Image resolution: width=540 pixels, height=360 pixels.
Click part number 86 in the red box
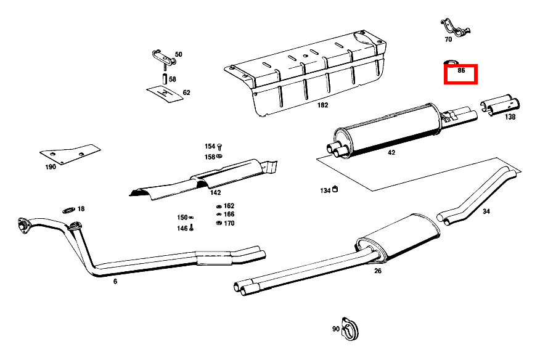pyautogui.click(x=460, y=71)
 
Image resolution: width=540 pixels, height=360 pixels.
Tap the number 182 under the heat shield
pyautogui.click(x=322, y=105)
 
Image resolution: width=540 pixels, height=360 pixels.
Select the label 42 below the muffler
pyautogui.click(x=391, y=152)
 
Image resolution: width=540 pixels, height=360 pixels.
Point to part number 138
pyautogui.click(x=510, y=117)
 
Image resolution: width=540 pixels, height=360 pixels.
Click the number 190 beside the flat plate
pyautogui.click(x=50, y=166)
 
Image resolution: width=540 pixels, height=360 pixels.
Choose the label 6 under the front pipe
pyautogui.click(x=115, y=281)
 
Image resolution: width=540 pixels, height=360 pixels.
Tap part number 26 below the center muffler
pyautogui.click(x=378, y=270)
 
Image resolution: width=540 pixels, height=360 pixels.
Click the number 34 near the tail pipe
pyautogui.click(x=486, y=211)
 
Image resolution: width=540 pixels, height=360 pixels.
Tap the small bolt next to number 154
pyautogui.click(x=220, y=147)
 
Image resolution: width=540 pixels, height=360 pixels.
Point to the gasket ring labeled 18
pyautogui.click(x=69, y=210)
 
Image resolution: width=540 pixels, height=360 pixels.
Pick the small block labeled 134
pyautogui.click(x=337, y=189)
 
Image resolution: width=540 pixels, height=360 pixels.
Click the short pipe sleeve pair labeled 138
pyautogui.click(x=499, y=105)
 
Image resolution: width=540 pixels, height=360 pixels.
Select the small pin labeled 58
pyautogui.click(x=165, y=79)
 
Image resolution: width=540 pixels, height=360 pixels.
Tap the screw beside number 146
pyautogui.click(x=191, y=228)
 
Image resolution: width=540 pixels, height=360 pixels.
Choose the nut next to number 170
pyautogui.click(x=218, y=223)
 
